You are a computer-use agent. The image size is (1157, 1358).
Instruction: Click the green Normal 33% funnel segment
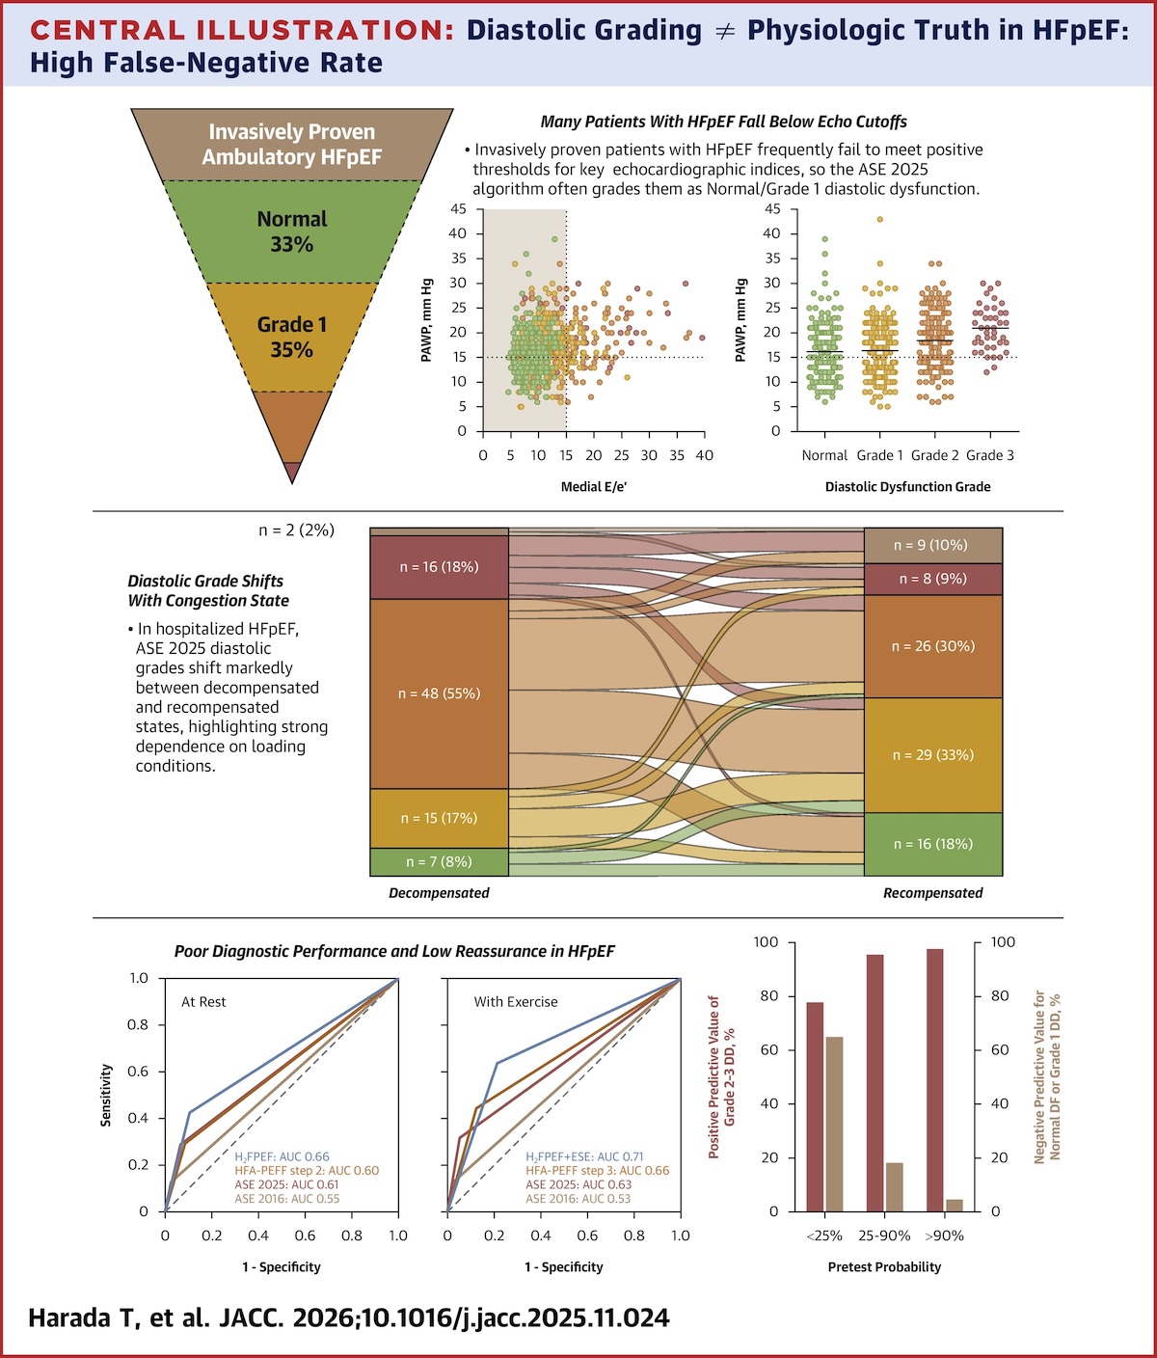click(291, 231)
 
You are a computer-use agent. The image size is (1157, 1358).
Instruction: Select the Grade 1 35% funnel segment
click(291, 337)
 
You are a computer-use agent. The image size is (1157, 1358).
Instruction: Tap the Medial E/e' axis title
click(594, 487)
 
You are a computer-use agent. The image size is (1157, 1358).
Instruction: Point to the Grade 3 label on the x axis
click(990, 455)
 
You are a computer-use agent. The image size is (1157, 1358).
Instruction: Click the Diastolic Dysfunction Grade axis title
click(907, 487)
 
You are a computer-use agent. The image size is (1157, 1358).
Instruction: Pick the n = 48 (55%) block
click(440, 693)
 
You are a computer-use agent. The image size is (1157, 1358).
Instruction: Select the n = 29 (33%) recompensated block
click(933, 755)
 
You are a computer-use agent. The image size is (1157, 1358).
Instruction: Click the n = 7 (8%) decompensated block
click(440, 862)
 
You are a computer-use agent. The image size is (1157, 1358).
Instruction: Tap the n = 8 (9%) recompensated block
click(933, 579)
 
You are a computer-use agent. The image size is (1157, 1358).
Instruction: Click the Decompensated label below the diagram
click(439, 893)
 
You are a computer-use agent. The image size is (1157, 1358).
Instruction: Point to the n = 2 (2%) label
click(297, 530)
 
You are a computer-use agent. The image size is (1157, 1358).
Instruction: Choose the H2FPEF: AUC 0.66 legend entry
click(282, 1157)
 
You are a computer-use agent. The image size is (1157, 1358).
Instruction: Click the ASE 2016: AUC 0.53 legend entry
click(578, 1198)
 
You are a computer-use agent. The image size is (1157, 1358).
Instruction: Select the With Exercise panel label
click(516, 1002)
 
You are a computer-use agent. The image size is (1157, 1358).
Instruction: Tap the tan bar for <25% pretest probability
click(834, 1124)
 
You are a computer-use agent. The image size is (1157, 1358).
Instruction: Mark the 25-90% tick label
click(884, 1236)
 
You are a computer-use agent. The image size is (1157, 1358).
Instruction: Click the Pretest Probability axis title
click(884, 1266)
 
